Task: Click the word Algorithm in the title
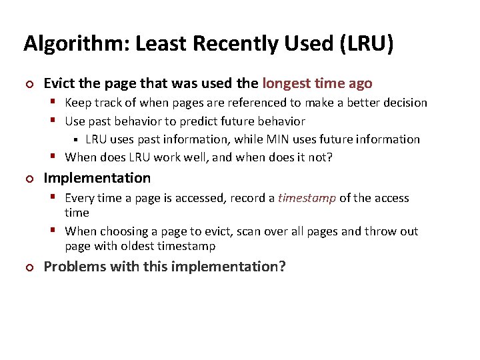point(70,44)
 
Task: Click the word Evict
point(60,83)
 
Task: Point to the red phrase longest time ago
point(317,83)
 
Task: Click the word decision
point(403,103)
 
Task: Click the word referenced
point(242,103)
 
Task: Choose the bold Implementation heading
point(97,178)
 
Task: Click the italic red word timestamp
point(307,198)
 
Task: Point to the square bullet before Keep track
point(57,103)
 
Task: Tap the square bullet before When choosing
point(57,231)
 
